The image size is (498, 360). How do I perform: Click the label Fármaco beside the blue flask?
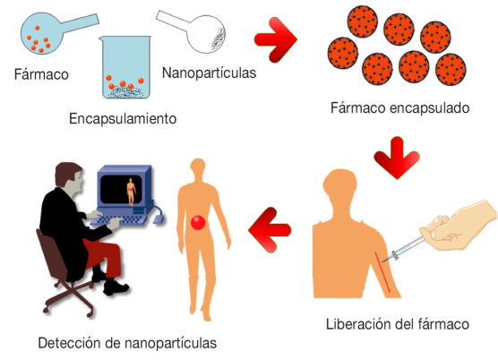(41, 74)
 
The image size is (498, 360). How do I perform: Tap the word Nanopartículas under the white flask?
(209, 73)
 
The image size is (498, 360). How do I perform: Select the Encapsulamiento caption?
(123, 119)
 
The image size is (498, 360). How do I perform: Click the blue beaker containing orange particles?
(125, 67)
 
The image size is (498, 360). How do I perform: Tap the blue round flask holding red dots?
(41, 33)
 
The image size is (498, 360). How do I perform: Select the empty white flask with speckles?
(206, 34)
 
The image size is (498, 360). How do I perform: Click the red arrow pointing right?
(276, 39)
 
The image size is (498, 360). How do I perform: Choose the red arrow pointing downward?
(397, 159)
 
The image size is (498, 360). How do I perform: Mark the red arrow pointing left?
(270, 230)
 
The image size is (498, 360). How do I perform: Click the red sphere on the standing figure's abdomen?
(198, 222)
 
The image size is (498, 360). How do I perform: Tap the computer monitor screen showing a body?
(121, 190)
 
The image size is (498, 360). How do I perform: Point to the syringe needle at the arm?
(387, 259)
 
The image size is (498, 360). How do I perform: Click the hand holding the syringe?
(458, 226)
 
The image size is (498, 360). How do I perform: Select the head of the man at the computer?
(69, 178)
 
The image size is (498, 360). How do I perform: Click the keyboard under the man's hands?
(119, 220)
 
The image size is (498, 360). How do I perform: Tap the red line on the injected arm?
(382, 272)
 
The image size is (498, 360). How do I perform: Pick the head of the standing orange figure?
(198, 169)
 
